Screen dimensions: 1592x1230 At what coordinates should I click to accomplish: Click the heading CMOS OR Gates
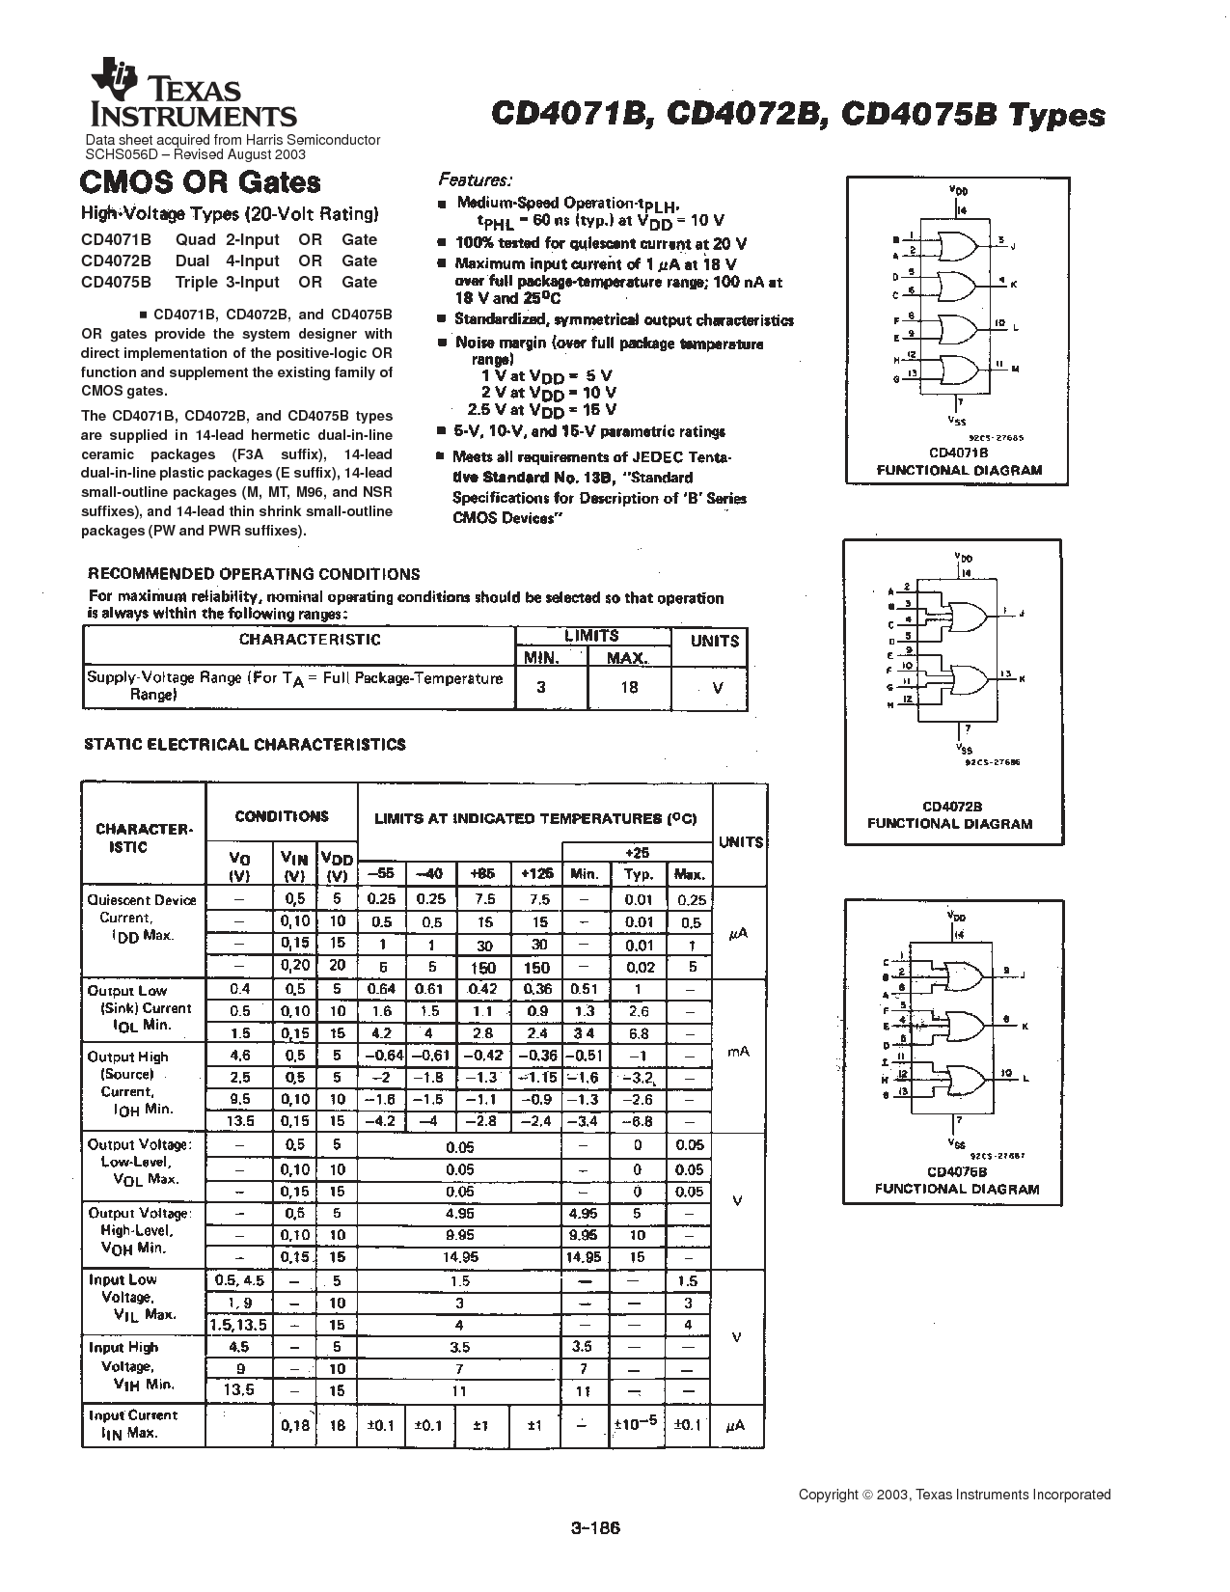(200, 182)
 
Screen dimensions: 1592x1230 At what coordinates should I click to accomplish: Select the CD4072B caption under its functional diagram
(950, 807)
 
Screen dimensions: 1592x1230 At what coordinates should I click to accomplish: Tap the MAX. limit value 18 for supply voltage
(629, 687)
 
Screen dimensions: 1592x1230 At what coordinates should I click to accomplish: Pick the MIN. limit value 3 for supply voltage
(541, 687)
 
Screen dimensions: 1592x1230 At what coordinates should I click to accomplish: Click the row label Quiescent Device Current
(141, 918)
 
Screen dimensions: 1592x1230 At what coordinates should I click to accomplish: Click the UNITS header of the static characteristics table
(740, 841)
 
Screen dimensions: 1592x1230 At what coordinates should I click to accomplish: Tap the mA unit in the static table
(738, 1052)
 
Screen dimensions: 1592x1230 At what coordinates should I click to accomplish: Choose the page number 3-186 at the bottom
(594, 1528)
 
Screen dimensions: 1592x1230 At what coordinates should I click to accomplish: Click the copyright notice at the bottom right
(954, 1495)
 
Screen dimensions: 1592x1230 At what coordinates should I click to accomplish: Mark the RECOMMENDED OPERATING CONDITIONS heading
(255, 574)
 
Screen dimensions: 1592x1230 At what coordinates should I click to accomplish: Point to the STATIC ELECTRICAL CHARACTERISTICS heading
(245, 744)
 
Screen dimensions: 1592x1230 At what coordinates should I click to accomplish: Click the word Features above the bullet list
(476, 179)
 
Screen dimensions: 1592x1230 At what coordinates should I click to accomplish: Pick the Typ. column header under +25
(639, 874)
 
